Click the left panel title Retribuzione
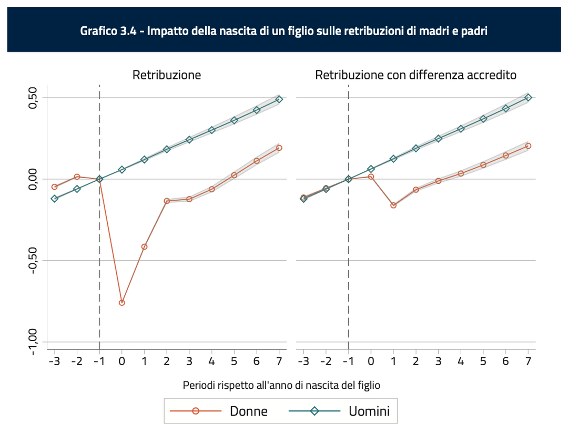166,75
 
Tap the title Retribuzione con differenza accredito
415,75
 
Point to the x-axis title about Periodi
281,385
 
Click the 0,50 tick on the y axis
32,98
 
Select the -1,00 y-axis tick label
32,342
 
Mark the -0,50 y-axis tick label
32,260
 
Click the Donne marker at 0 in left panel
122,303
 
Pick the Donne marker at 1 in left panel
144,246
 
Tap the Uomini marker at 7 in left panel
279,99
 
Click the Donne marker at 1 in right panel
393,205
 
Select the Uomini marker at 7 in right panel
528,97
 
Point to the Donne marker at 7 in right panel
528,146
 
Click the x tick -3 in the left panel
54,361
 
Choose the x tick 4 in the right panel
461,361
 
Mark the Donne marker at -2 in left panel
77,177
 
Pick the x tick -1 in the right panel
348,361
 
